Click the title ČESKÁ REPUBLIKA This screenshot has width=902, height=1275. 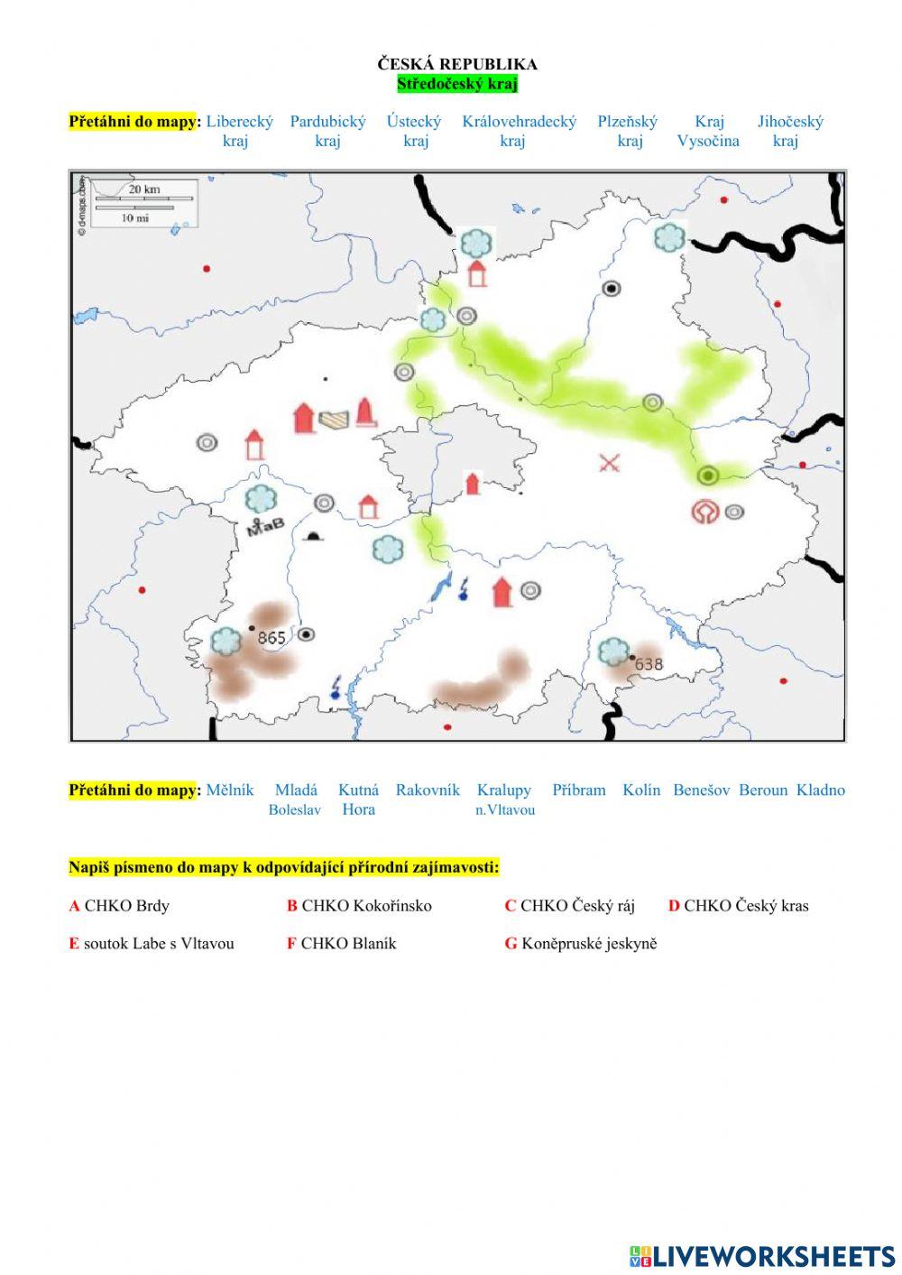coord(457,64)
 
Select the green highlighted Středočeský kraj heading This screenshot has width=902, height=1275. coord(457,84)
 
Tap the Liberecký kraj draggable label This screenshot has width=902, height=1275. coord(239,131)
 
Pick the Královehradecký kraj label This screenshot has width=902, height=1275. coord(519,131)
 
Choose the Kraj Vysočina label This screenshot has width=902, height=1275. coord(709,131)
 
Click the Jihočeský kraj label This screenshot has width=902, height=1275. coord(789,131)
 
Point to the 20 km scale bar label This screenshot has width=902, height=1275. coord(144,189)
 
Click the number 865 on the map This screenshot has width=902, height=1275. coord(272,638)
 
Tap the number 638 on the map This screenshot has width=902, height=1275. coord(649,664)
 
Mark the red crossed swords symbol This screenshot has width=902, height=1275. coord(610,464)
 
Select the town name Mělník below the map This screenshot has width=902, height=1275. coord(230,790)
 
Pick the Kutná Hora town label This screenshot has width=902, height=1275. coord(358,799)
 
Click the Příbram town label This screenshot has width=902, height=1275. coord(579,790)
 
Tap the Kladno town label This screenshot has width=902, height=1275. coord(821,790)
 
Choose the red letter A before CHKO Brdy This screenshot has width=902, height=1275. coord(74,906)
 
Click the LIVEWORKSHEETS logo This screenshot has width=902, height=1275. coord(762,1256)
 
